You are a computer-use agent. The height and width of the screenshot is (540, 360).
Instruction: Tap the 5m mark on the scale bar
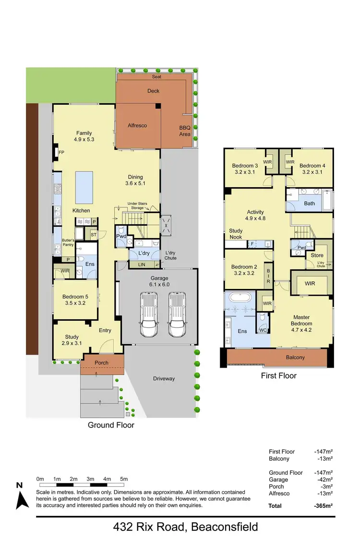123,479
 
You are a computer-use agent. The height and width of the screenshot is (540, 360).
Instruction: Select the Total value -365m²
324,506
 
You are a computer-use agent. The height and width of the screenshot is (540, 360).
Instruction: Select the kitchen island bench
84,187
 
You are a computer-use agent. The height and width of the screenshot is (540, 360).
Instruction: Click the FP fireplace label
61,153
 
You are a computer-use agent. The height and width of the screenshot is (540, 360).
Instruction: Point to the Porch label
101,363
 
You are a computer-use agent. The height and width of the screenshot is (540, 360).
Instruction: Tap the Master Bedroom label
301,321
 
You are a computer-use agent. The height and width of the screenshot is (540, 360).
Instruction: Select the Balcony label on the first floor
295,357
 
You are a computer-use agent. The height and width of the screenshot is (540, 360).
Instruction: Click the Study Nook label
236,234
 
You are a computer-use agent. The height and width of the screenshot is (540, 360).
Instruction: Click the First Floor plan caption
278,376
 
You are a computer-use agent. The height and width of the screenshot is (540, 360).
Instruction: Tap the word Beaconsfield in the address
225,527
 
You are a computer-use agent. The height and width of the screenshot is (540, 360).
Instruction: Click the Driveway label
164,378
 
